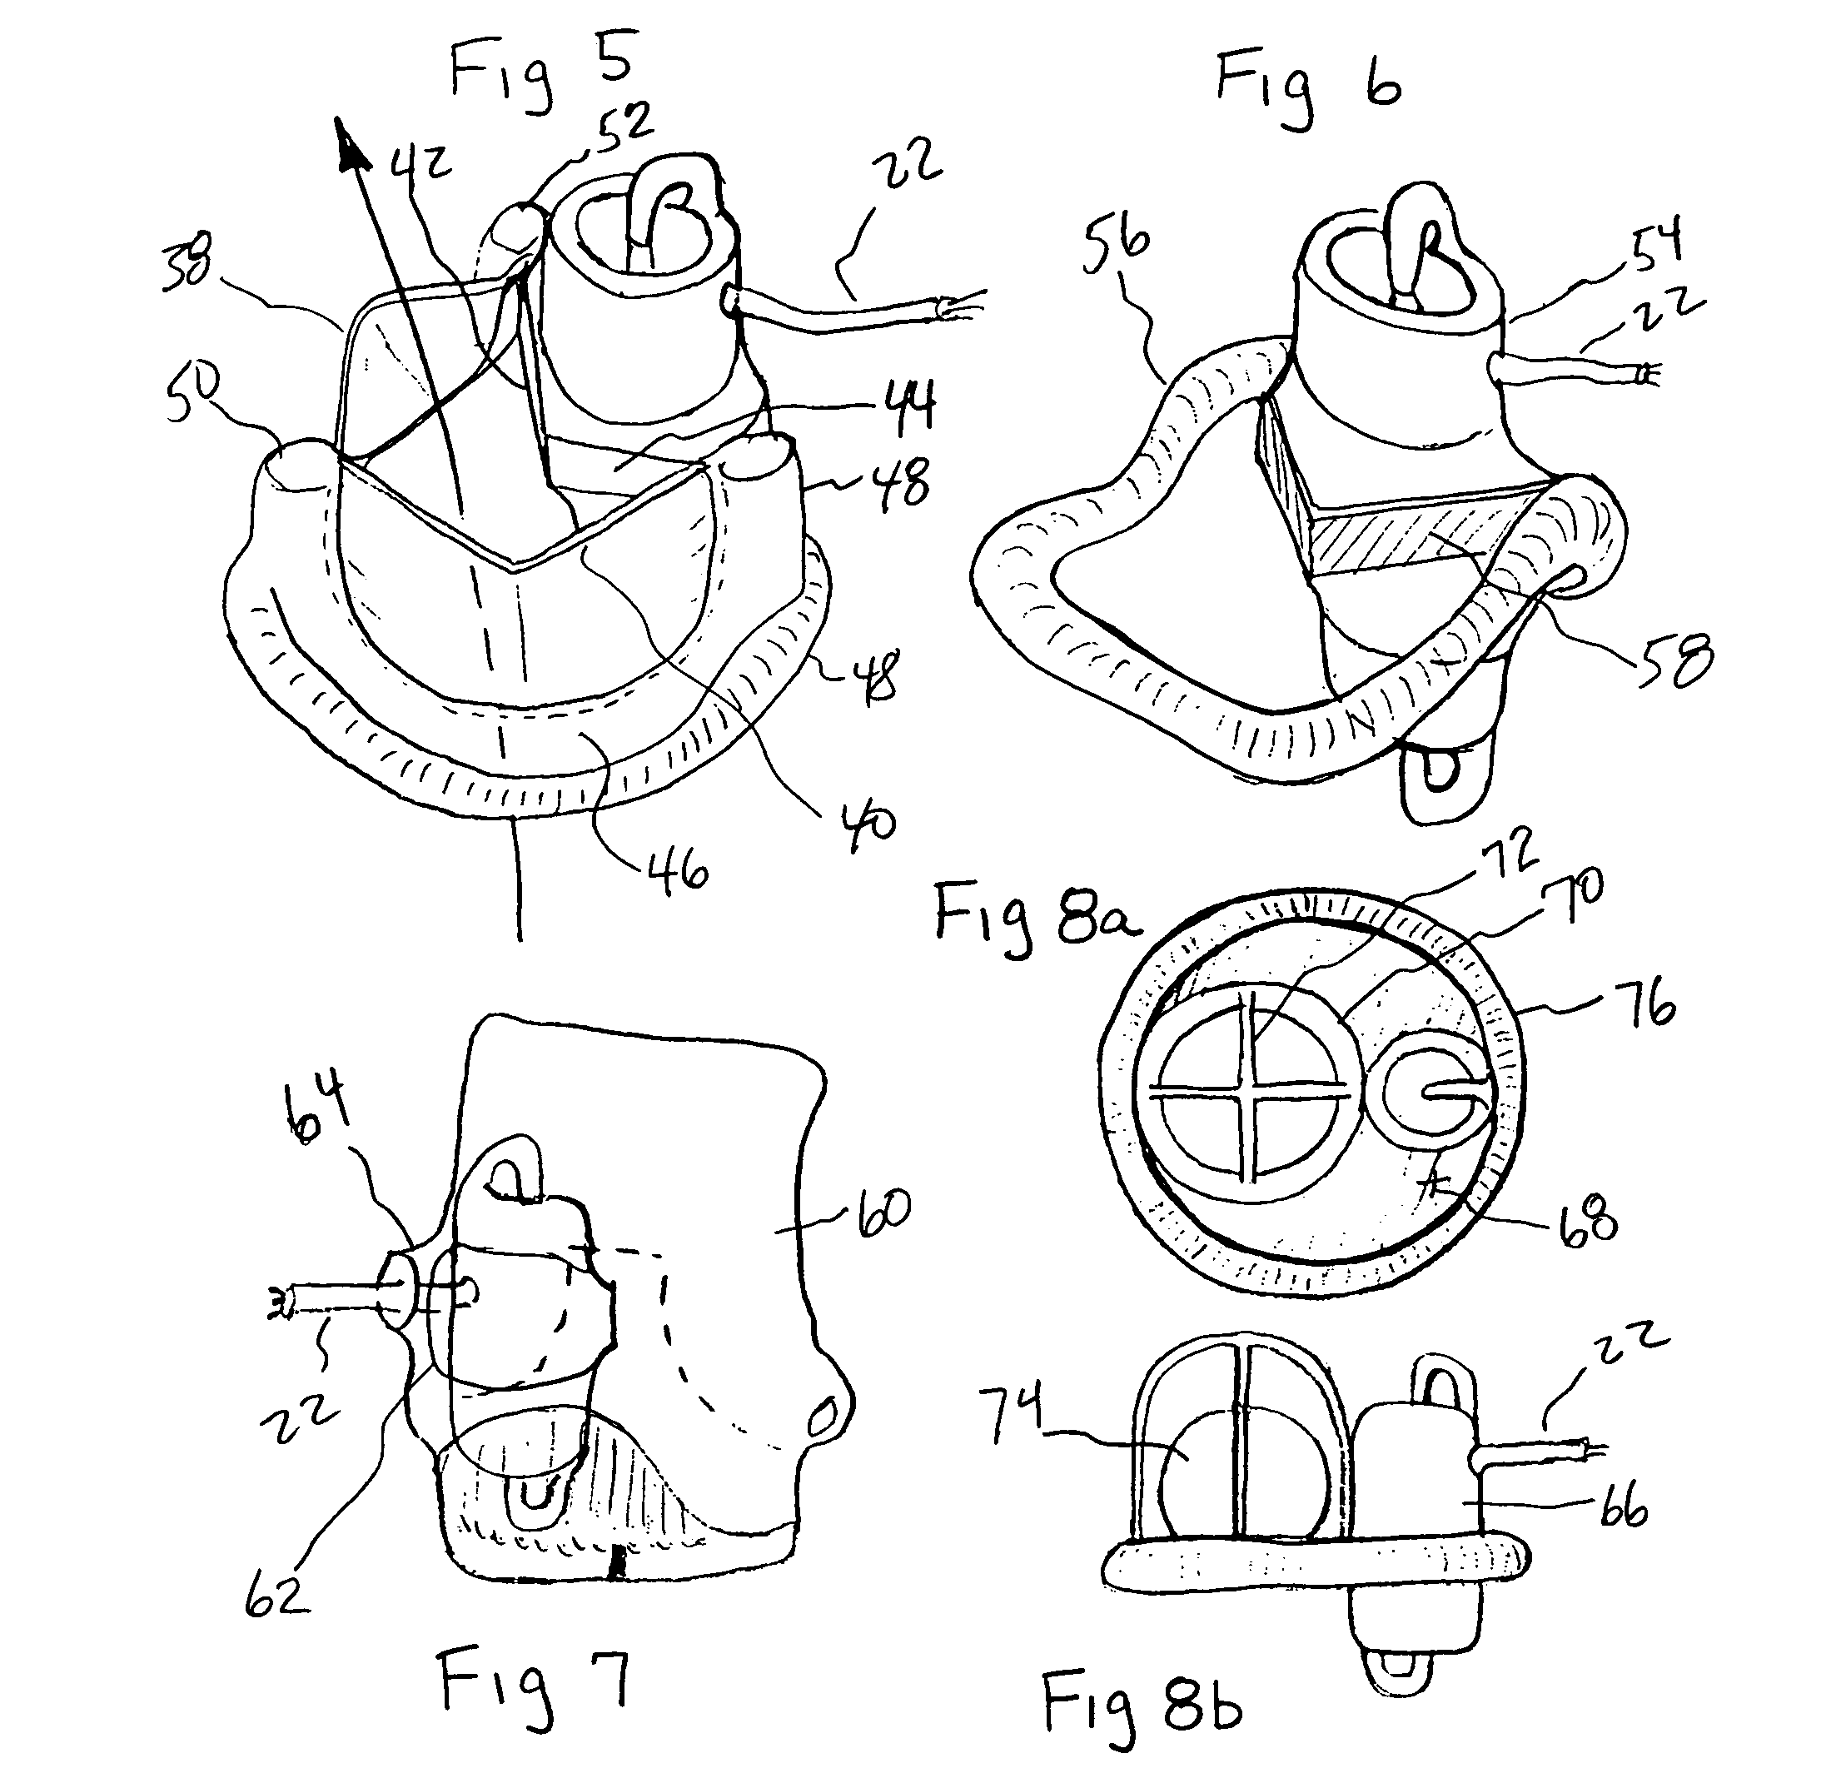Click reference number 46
(x=678, y=871)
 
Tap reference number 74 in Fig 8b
(x=1011, y=1418)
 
